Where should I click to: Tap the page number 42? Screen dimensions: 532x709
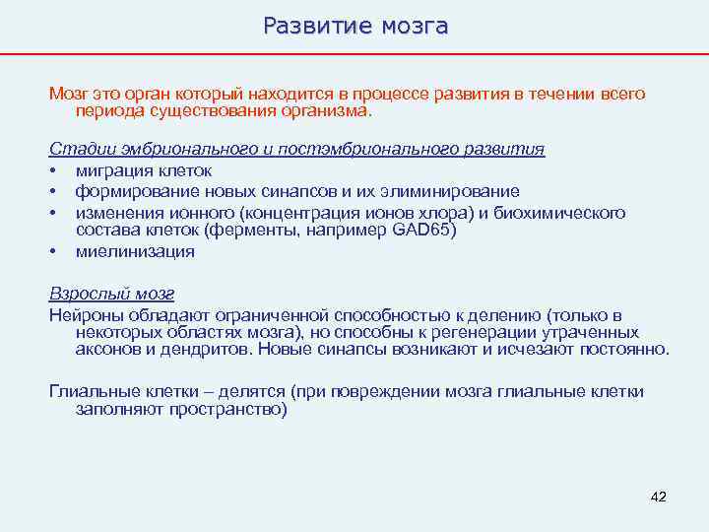(x=659, y=497)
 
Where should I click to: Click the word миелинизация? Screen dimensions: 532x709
(x=135, y=251)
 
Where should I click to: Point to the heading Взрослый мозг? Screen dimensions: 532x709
(x=111, y=295)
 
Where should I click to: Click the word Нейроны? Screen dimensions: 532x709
(x=83, y=315)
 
